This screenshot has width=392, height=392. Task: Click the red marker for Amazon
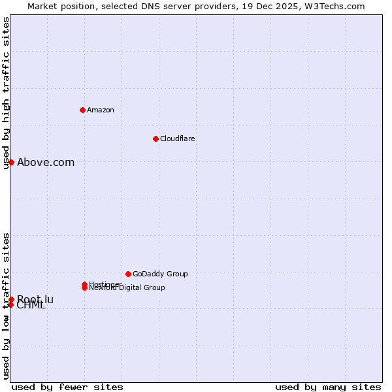[82, 110]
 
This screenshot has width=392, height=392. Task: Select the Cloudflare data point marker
[155, 139]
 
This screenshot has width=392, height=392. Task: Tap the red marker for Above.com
[11, 162]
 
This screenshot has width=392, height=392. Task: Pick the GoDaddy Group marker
[128, 274]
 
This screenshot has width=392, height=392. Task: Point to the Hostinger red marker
[84, 284]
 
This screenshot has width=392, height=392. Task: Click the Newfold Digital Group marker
[84, 288]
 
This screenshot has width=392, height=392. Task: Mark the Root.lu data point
[11, 299]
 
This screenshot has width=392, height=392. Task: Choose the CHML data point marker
[10, 304]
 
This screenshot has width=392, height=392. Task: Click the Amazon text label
[101, 110]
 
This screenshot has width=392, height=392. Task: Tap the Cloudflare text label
[178, 139]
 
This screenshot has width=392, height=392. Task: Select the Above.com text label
[46, 163]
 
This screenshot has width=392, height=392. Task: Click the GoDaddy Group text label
[160, 274]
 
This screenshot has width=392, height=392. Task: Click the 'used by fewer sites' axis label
[67, 387]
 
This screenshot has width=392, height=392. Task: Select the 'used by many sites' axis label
[328, 387]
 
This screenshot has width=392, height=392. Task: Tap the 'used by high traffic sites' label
[6, 93]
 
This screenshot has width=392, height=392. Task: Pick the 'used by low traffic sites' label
[6, 306]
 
